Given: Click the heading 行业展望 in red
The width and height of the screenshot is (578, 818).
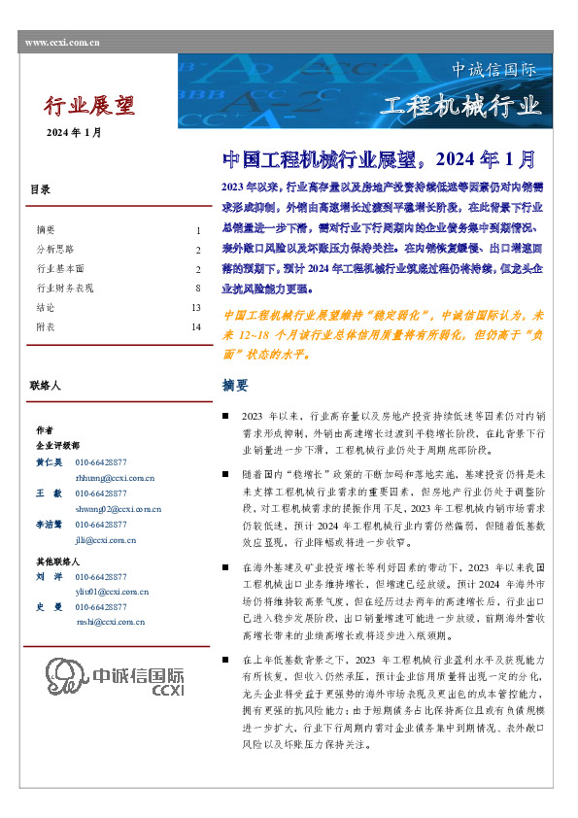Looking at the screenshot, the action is pyautogui.click(x=90, y=105).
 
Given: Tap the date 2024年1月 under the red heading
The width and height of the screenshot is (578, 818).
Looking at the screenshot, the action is pyautogui.click(x=75, y=132).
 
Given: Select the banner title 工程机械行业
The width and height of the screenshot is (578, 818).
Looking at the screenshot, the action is pyautogui.click(x=459, y=106).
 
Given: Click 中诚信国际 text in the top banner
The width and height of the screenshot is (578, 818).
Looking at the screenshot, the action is pyautogui.click(x=493, y=71).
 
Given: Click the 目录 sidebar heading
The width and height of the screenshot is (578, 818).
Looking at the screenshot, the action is pyautogui.click(x=40, y=190).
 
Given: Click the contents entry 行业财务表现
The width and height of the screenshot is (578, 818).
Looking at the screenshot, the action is pyautogui.click(x=65, y=289).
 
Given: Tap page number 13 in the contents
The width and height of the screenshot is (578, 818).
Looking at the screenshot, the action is pyautogui.click(x=195, y=308).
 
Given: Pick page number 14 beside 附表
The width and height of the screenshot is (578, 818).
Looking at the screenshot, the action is pyautogui.click(x=195, y=327).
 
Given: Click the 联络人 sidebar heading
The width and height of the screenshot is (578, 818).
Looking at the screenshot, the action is pyautogui.click(x=46, y=387).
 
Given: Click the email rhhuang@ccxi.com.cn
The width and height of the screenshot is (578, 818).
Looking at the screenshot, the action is pyautogui.click(x=115, y=478).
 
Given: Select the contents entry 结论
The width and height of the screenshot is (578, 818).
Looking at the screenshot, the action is pyautogui.click(x=45, y=308).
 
